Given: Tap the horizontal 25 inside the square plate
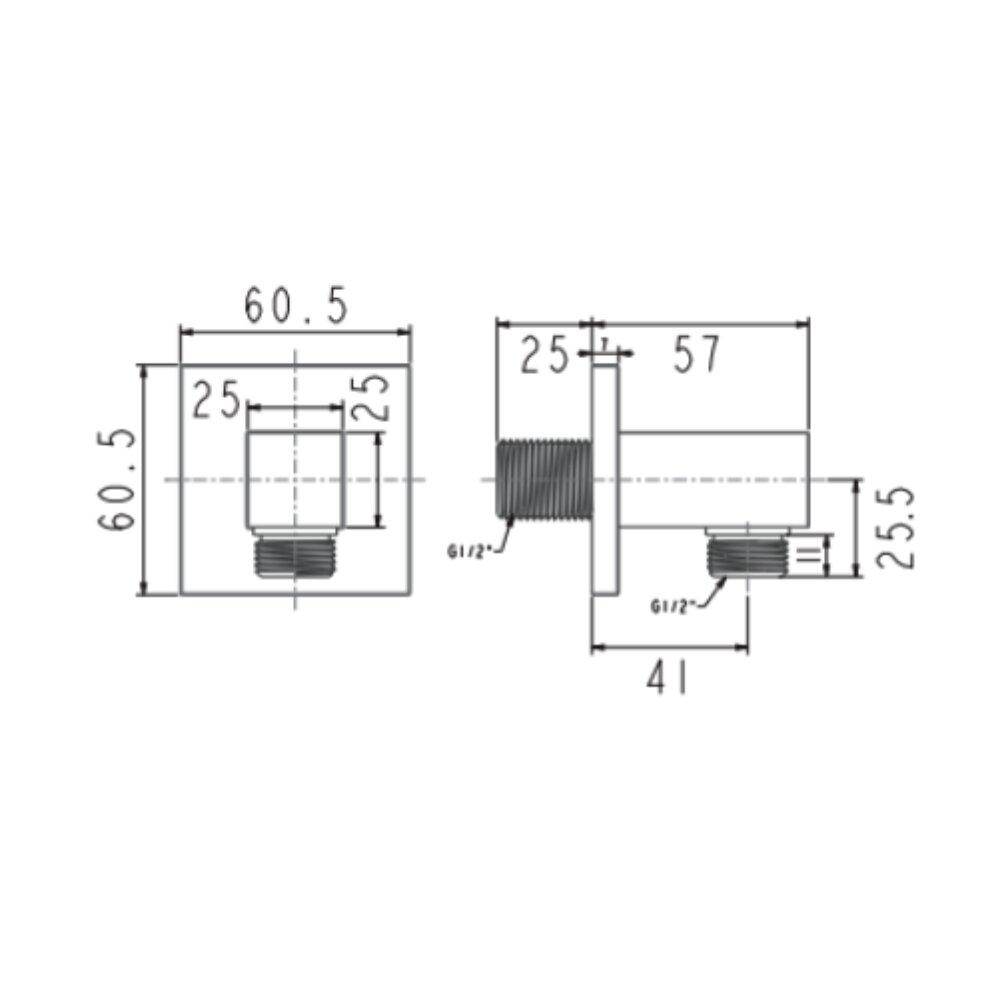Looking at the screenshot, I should coord(217,401).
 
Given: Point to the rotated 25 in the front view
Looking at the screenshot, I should coord(371,398).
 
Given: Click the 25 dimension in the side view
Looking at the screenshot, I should coord(545,355).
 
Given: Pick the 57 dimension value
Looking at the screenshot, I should coord(696,355).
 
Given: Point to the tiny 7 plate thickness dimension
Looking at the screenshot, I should coord(605,343).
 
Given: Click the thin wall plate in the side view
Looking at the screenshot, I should coord(604,480).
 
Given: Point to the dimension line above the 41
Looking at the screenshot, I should coord(670,648).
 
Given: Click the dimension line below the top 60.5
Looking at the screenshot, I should coord(295,332).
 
